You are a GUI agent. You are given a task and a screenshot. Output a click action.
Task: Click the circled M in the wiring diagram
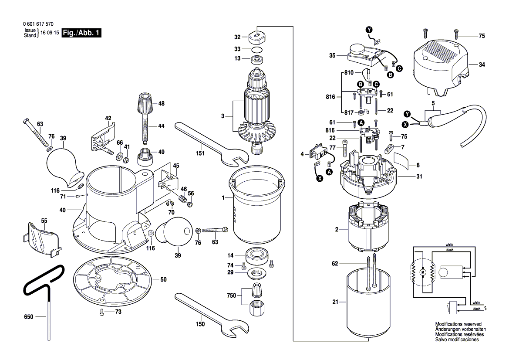422,272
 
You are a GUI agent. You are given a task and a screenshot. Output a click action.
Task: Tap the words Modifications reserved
458,325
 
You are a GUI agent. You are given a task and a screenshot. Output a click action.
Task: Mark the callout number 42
108,118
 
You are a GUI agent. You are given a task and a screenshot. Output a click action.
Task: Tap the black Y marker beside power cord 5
407,114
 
